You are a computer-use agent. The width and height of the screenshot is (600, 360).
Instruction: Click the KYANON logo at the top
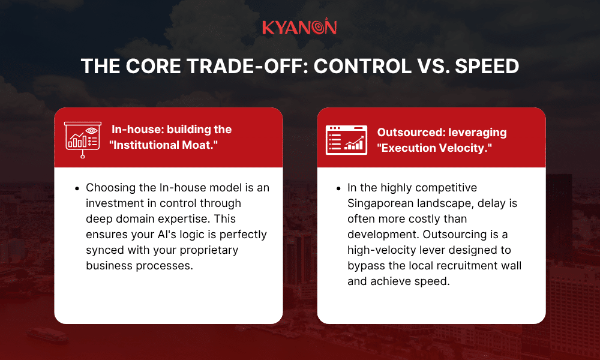[299, 28]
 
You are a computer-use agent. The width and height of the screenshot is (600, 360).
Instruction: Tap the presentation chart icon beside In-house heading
[82, 138]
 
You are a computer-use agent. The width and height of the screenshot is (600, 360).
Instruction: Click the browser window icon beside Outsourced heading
[346, 140]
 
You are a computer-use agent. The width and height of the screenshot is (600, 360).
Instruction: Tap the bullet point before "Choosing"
[77, 188]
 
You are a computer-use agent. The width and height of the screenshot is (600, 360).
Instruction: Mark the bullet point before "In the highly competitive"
[338, 188]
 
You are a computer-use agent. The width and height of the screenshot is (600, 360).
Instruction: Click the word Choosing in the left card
[109, 188]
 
